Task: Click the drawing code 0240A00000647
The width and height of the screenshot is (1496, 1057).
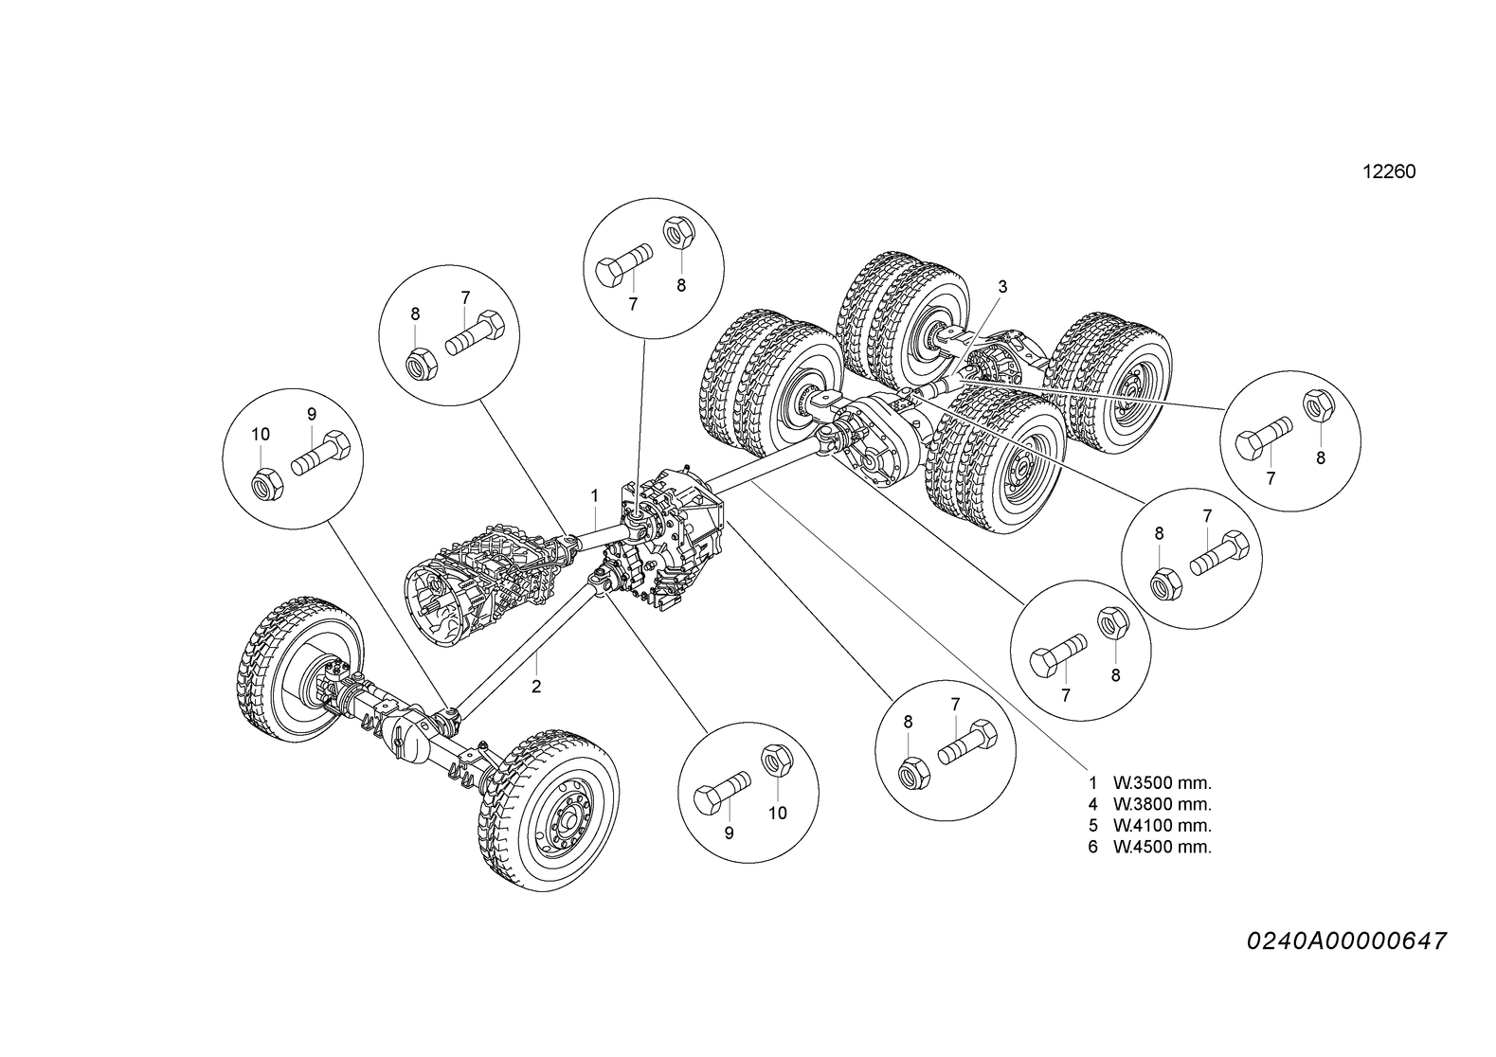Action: (1345, 941)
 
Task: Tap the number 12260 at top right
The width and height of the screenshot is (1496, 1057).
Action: (1388, 172)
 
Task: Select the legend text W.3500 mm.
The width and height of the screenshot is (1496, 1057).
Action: (1163, 783)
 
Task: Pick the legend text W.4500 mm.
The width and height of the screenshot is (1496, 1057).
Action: (1163, 847)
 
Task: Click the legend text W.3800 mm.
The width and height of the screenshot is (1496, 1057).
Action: (1163, 804)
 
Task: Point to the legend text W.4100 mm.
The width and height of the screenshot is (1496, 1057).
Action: (1163, 826)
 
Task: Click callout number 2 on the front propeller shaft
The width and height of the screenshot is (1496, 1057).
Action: (536, 687)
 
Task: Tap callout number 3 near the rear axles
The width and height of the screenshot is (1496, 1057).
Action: (1002, 286)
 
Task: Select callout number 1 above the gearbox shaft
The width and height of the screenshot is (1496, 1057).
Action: (594, 495)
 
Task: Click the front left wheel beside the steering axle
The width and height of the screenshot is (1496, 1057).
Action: (299, 669)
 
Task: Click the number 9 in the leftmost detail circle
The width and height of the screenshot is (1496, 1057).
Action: (311, 414)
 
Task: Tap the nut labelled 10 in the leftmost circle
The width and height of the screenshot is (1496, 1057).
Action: (265, 483)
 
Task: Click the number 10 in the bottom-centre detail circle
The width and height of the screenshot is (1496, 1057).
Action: (777, 813)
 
